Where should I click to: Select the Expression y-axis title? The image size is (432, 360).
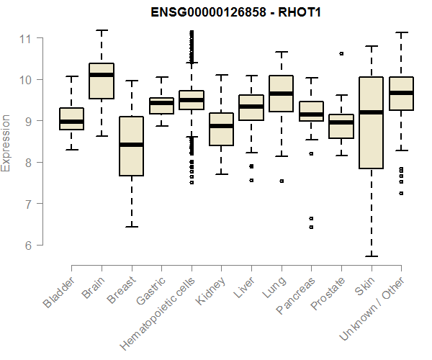coord(6,142)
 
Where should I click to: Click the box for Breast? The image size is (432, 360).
coord(132,146)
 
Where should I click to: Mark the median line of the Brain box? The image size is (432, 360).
coord(102,75)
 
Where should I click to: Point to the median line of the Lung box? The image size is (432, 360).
coord(282,94)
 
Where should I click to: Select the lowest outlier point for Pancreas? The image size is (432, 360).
coord(312,227)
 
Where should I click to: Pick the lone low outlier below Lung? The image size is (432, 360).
coord(282,181)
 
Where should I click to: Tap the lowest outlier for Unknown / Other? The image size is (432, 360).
coord(402,194)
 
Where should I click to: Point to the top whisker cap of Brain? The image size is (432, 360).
coord(102,30)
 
